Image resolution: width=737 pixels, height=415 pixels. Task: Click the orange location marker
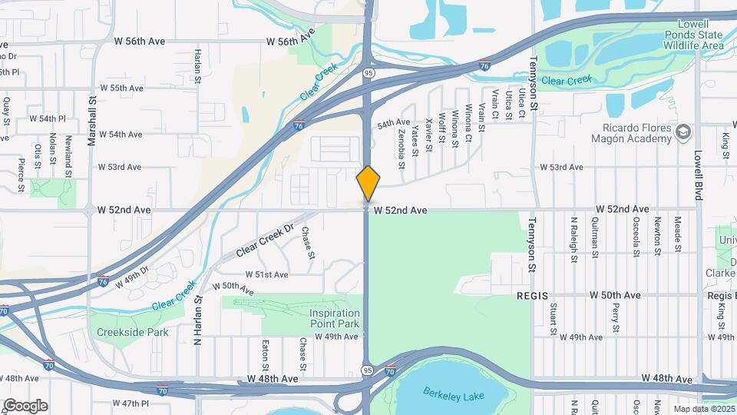[x=368, y=184]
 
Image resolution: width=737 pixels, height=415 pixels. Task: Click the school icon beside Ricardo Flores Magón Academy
[x=682, y=134]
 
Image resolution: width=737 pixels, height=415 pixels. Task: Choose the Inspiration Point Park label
[x=335, y=318]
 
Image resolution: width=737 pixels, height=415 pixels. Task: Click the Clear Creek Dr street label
[x=265, y=240]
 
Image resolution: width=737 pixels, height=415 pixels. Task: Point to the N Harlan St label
[x=197, y=320]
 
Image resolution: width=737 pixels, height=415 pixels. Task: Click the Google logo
[x=25, y=405]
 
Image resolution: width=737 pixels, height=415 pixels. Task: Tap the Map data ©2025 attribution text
[x=702, y=409]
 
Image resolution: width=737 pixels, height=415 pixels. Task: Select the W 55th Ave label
[x=121, y=88]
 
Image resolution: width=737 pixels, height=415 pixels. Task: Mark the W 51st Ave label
[x=267, y=274]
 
